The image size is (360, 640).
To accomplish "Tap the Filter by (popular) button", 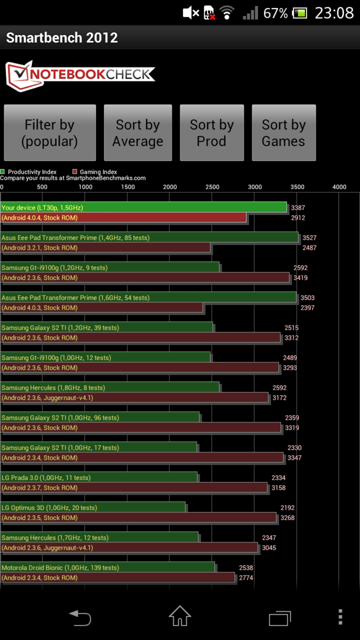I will click(x=50, y=133).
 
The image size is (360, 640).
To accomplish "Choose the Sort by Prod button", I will click(x=212, y=133).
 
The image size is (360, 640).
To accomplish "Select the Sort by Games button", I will click(x=284, y=133).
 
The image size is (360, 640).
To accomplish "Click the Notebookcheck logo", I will click(x=80, y=75).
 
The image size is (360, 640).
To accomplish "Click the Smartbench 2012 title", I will click(x=62, y=38).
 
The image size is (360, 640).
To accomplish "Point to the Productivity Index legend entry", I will click(x=29, y=172).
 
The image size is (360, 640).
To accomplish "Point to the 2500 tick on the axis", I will click(x=212, y=187).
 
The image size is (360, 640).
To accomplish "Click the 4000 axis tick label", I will click(x=339, y=187).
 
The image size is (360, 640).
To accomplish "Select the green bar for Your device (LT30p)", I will click(x=144, y=207).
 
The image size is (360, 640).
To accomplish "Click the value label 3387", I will click(x=299, y=208).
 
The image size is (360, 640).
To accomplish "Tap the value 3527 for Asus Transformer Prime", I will click(x=309, y=238).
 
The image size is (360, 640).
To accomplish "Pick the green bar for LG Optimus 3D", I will click(x=93, y=508).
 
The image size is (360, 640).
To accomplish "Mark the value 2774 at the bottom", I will click(x=246, y=578).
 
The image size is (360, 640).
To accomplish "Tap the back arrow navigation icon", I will click(x=80, y=618).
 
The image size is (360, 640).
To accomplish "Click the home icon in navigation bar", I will click(x=180, y=617).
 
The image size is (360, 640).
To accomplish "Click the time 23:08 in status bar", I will click(x=334, y=13).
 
